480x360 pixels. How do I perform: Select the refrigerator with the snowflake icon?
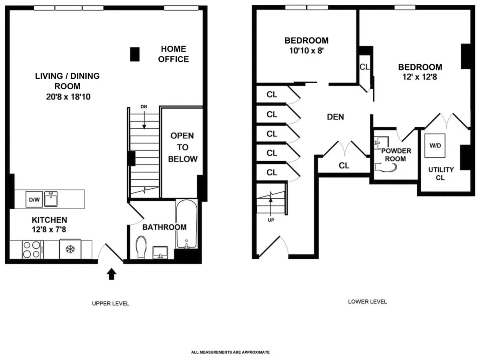pos(70,249)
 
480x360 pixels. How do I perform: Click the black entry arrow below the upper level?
pos(112,274)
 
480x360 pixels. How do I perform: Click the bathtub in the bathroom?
pos(186,224)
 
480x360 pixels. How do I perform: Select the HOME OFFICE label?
pos(173,54)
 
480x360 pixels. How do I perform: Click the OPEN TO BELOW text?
pos(182,147)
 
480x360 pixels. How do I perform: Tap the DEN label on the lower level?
pos(335,117)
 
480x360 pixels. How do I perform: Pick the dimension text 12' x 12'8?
pos(420,78)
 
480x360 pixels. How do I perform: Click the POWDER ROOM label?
pos(396,155)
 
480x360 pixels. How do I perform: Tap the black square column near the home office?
pos(135,54)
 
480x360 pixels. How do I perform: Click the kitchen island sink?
pos(51,199)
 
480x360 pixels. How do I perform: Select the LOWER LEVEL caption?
pos(367,302)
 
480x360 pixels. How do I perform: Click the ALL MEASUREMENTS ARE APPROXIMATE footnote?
pos(230,352)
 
